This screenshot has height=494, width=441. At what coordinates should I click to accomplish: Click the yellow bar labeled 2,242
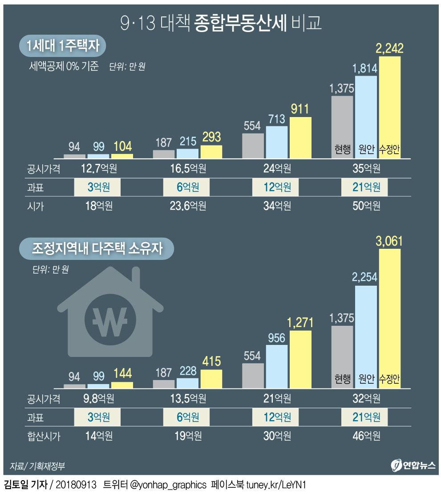pyautogui.click(x=389, y=107)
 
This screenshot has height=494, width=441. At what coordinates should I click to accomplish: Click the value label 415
pyautogui.click(x=211, y=361)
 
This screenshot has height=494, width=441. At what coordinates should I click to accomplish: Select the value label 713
pyautogui.click(x=277, y=119)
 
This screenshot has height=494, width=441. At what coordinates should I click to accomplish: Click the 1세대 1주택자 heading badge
pyautogui.click(x=65, y=46)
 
